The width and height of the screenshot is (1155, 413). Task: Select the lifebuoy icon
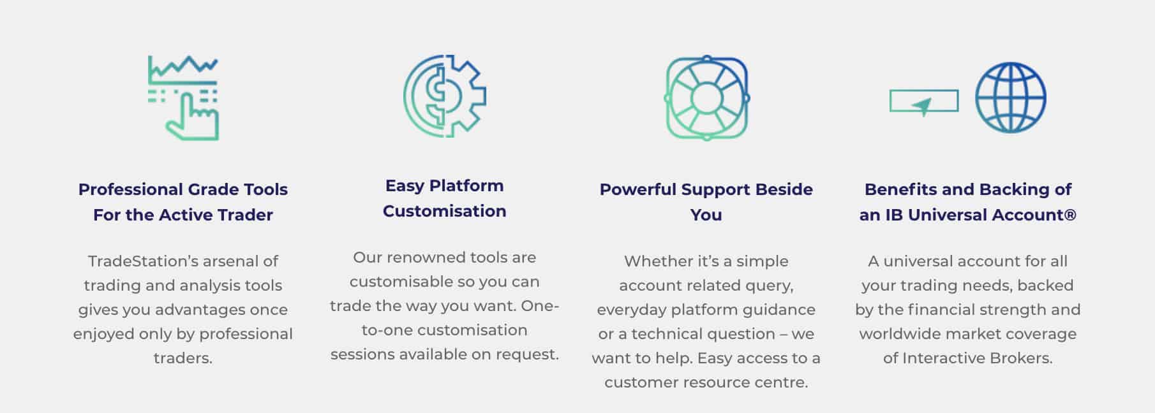pyautogui.click(x=706, y=98)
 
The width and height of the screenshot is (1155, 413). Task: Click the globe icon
pyautogui.click(x=1010, y=98)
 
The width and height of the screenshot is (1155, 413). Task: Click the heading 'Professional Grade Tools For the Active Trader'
pyautogui.click(x=183, y=202)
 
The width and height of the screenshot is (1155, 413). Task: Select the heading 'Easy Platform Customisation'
pyautogui.click(x=445, y=198)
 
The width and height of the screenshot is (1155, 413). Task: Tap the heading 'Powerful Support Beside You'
pyautogui.click(x=706, y=202)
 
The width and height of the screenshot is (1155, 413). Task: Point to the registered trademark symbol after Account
pyautogui.click(x=1070, y=215)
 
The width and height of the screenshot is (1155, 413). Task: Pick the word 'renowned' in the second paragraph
pyautogui.click(x=426, y=257)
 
